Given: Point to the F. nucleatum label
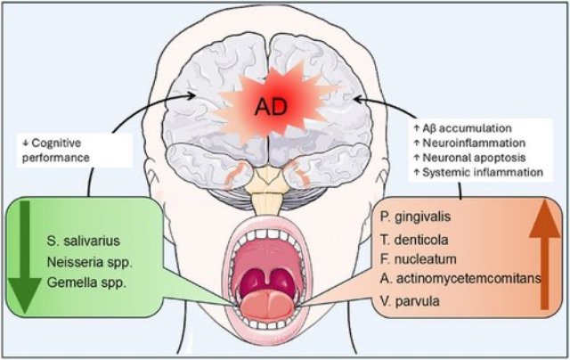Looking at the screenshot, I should pos(418,259).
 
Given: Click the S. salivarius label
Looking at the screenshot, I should pos(85,240).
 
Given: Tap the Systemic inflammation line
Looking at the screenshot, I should pos(476,172).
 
